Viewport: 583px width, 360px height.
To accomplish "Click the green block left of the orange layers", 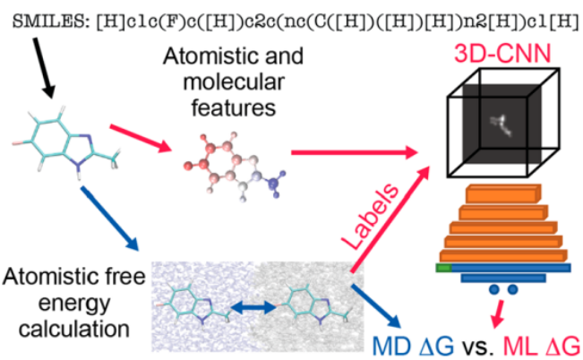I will [x=442, y=266].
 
